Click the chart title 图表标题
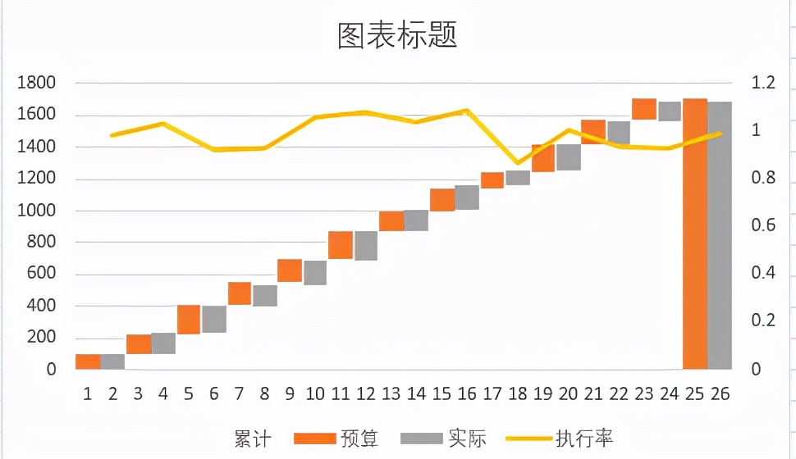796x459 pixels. click(x=397, y=35)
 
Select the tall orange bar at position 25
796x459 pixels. click(x=695, y=234)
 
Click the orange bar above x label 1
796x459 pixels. click(x=88, y=361)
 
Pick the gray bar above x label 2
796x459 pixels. click(x=112, y=361)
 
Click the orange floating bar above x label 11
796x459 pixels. click(x=341, y=245)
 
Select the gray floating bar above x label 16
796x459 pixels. click(x=467, y=198)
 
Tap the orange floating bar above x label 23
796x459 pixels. click(x=644, y=109)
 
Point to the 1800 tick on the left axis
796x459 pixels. click(x=38, y=83)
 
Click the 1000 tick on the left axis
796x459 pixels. click(x=38, y=211)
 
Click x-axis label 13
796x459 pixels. click(x=391, y=394)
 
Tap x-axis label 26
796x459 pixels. click(x=721, y=394)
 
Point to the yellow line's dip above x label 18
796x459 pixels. click(x=517, y=163)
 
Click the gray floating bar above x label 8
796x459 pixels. click(x=265, y=296)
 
